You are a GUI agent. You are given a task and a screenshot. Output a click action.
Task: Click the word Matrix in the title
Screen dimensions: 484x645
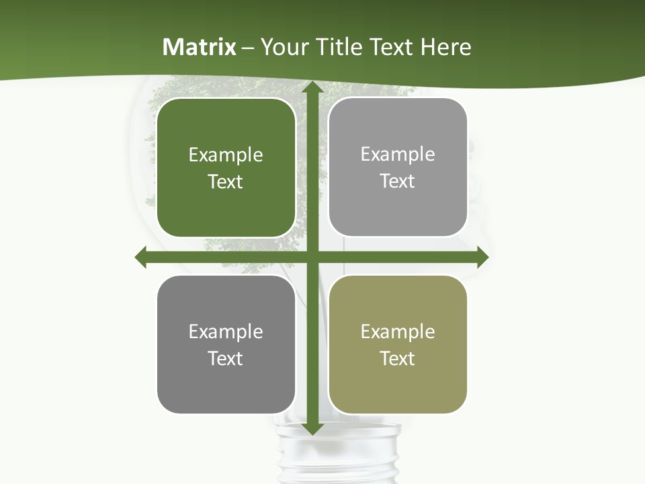pyautogui.click(x=200, y=47)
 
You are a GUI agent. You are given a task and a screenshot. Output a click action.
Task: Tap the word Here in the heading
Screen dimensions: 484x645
pyautogui.click(x=445, y=47)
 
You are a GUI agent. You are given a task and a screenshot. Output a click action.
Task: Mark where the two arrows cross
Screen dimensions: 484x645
pyautogui.click(x=312, y=257)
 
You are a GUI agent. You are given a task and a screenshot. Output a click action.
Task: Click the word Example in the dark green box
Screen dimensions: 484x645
pyautogui.click(x=226, y=155)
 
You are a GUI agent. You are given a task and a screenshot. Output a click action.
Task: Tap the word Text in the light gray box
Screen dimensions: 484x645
pyautogui.click(x=398, y=182)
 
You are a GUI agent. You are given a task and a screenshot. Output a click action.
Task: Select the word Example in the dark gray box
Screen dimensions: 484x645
pyautogui.click(x=226, y=332)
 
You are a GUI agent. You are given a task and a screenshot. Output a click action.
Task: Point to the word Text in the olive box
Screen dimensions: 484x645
pyautogui.click(x=398, y=359)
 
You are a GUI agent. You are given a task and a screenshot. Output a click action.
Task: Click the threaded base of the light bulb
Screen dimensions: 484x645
pyautogui.click(x=338, y=457)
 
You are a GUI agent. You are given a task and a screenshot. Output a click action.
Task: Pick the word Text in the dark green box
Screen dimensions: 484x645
pyautogui.click(x=226, y=182)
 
